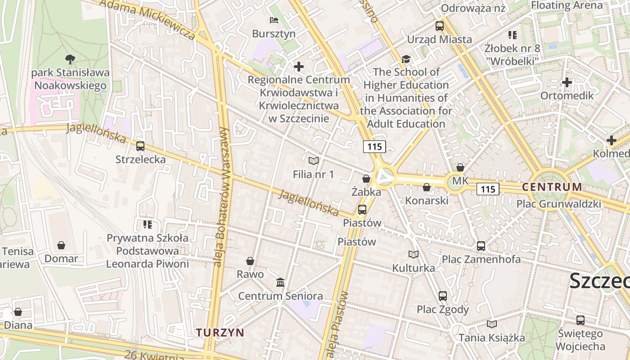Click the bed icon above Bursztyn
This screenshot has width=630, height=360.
274,20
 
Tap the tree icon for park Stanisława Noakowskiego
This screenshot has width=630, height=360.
70,58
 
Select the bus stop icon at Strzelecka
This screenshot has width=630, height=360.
140,146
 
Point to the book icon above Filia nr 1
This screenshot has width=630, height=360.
314,161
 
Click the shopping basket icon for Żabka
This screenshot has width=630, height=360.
366,179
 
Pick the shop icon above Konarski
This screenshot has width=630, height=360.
427,187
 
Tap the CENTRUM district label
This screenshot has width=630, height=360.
552,187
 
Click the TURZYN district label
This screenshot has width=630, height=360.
220,333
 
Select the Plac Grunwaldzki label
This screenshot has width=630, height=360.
558,204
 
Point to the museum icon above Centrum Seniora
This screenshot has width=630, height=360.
280,283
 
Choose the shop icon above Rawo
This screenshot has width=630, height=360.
250,261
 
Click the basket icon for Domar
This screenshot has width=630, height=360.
61,245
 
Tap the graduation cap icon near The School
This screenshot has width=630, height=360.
406,59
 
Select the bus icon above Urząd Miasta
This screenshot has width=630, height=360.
439,26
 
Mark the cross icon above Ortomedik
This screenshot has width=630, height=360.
567,82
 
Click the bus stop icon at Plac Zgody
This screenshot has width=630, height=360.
443,296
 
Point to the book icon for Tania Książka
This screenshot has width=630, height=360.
492,324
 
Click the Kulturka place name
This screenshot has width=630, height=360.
414,268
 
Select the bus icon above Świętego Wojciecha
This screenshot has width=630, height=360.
580,320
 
